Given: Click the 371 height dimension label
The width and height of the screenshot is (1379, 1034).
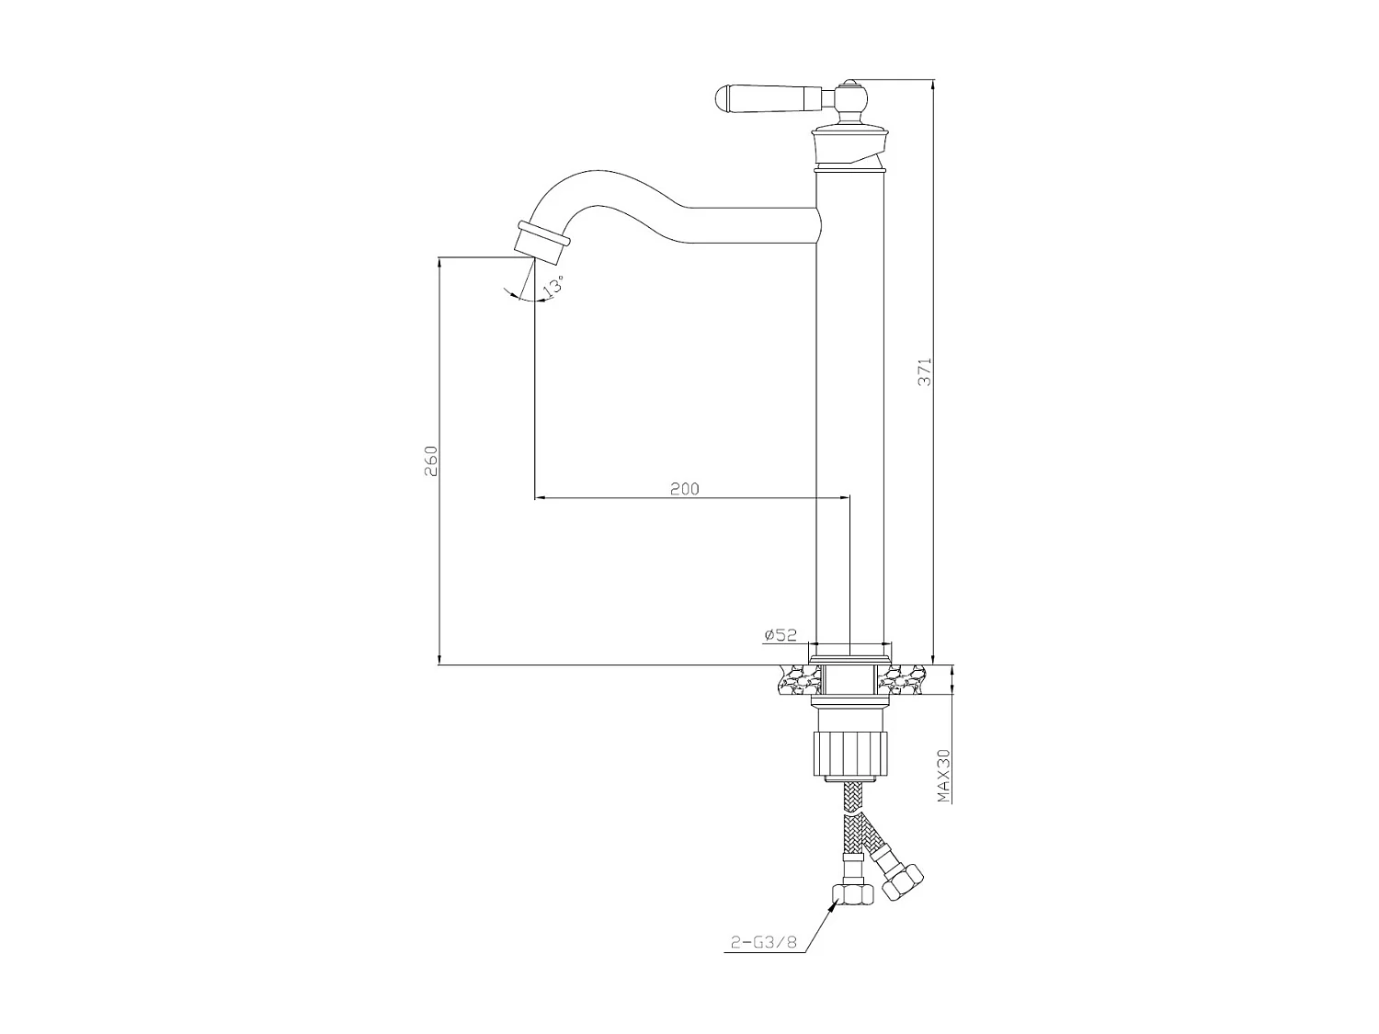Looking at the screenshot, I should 926,370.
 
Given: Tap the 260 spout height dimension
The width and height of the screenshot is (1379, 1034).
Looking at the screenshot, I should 431,461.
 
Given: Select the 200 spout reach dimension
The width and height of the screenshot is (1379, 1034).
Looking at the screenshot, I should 684,489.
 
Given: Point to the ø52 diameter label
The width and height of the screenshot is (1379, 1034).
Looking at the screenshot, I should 779,634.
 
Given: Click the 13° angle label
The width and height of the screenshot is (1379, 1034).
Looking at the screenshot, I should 553,286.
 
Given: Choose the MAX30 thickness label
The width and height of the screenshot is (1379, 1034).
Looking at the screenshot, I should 942,776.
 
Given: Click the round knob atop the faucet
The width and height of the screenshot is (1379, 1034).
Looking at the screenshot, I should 852,94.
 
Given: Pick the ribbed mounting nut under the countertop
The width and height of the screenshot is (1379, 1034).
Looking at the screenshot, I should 850,754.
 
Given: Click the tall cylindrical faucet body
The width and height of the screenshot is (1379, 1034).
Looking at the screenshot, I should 850,414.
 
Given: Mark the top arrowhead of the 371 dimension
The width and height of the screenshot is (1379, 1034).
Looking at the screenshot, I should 933,85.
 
